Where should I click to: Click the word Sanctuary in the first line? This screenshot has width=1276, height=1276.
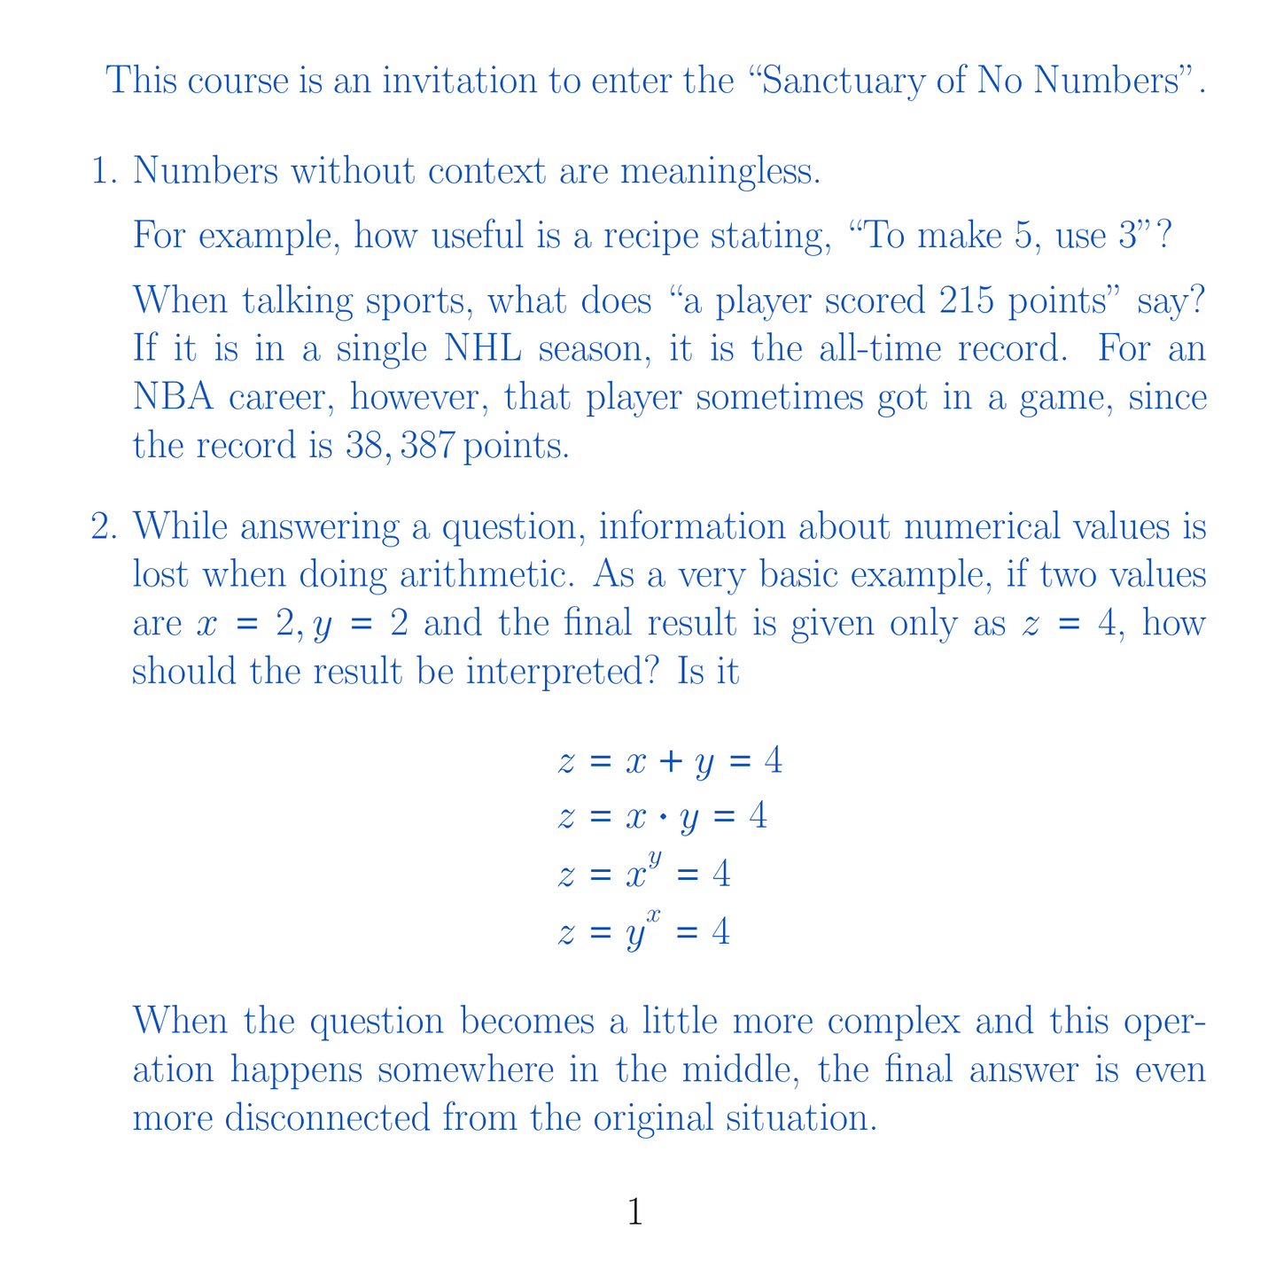tap(839, 82)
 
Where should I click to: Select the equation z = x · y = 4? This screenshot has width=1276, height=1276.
tap(662, 817)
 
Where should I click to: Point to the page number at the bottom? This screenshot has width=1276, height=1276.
tap(635, 1212)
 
